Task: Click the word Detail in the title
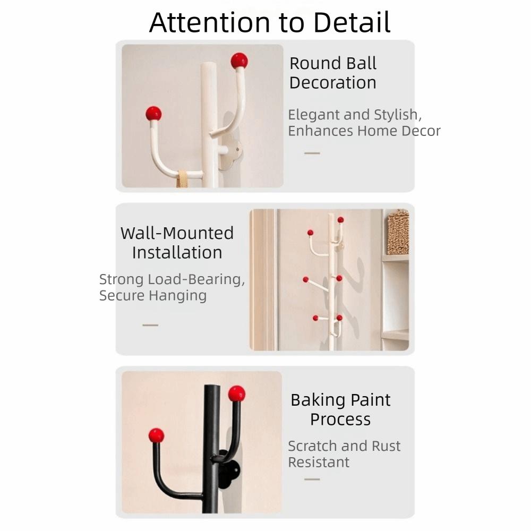point(352,22)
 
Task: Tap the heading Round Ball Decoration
point(333,73)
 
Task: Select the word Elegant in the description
point(313,115)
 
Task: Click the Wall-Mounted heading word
point(177,233)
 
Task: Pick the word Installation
point(177,252)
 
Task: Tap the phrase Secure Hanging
point(153,295)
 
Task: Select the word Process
point(340,419)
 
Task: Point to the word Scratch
point(311,446)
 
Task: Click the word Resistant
point(319,462)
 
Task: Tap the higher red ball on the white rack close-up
point(239,61)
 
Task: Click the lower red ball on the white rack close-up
point(153,114)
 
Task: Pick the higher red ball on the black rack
point(237,393)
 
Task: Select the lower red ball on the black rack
point(156,435)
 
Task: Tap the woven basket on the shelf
point(398,232)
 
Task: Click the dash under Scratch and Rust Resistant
point(312,479)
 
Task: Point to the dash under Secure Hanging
point(150,325)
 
